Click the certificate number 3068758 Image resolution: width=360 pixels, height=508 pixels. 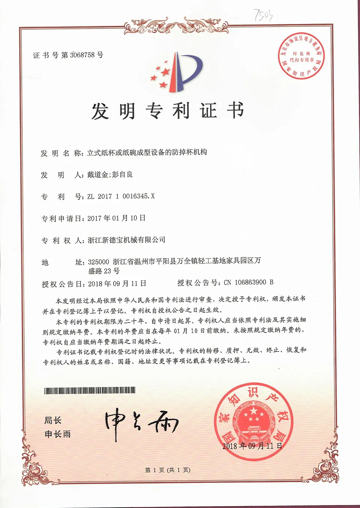(82, 55)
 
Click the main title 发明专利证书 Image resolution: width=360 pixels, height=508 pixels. (168, 111)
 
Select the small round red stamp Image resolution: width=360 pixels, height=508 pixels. (301, 57)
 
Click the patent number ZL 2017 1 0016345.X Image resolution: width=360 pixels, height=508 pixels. (121, 196)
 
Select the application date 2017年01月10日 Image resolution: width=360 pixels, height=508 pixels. (116, 218)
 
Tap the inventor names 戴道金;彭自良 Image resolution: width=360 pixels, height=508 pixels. (110, 175)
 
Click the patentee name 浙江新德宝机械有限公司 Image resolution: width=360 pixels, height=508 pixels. (126, 240)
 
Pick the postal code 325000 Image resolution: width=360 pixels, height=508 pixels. (98, 262)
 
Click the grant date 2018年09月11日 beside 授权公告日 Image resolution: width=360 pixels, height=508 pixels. (117, 284)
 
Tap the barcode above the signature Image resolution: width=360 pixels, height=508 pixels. (90, 391)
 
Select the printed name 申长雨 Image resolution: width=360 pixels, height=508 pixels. (57, 434)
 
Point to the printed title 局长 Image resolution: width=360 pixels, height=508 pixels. (53, 420)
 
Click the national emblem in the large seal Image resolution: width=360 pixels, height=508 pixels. (253, 420)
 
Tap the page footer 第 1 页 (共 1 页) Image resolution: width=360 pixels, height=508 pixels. (168, 470)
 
